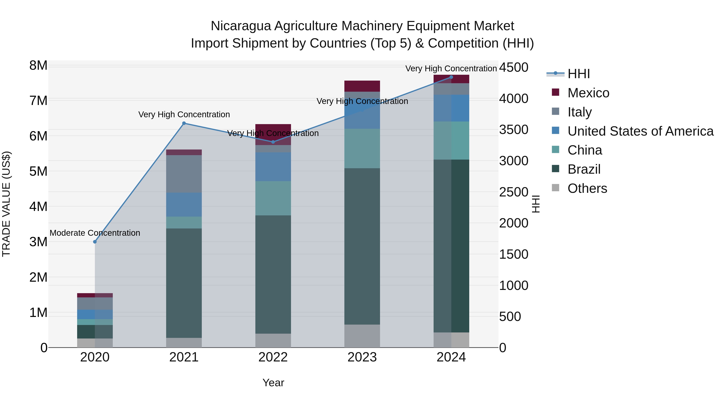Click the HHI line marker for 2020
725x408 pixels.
[95, 242]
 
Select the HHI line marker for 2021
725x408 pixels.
[184, 123]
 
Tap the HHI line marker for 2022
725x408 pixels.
[273, 142]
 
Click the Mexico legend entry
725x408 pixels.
[588, 93]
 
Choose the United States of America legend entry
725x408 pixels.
[640, 131]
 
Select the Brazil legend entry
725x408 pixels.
[584, 169]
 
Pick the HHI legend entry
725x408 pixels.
[578, 74]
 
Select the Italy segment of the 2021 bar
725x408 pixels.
[184, 174]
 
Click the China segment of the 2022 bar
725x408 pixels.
[273, 198]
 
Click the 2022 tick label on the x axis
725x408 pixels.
[273, 357]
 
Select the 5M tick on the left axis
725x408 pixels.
[38, 171]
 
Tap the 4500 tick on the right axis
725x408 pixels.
[514, 67]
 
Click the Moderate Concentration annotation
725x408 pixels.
[95, 233]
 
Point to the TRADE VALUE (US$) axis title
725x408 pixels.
[6, 204]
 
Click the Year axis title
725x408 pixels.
[273, 383]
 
